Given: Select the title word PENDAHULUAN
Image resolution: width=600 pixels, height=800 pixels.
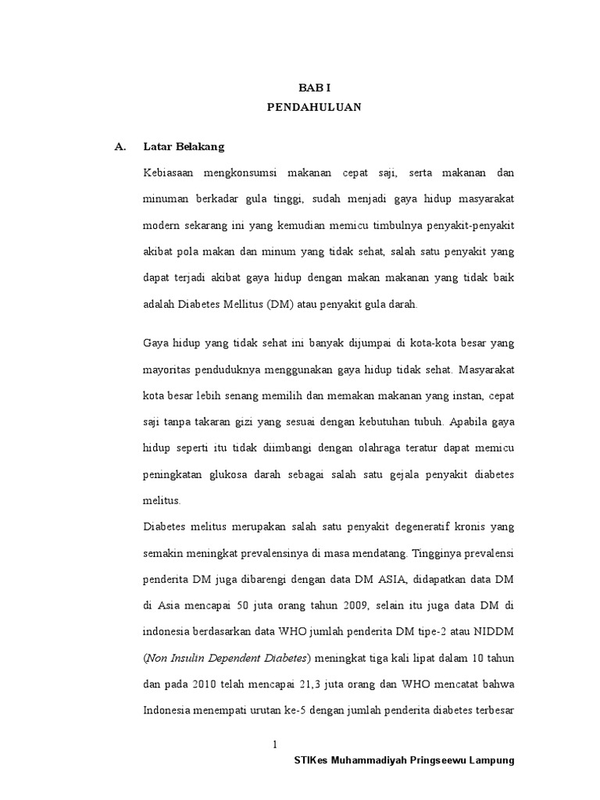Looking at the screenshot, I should click(x=315, y=108).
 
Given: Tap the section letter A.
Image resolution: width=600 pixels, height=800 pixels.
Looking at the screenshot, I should click(x=120, y=146).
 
